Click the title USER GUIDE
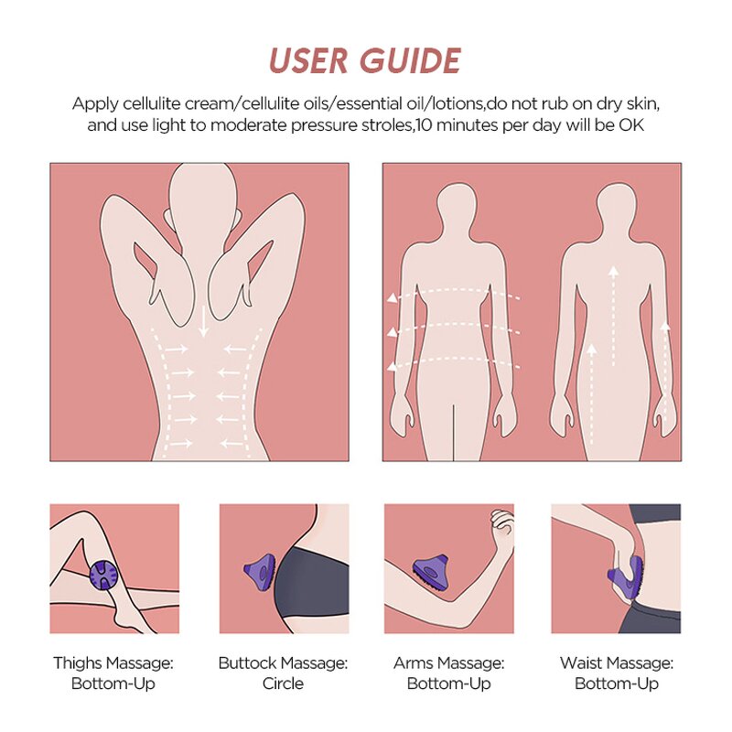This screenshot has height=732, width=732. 365,60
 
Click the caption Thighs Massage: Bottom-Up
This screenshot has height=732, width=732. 113,673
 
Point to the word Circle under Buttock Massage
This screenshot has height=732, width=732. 283,684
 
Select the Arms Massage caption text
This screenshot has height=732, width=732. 448,673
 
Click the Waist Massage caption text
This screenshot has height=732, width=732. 616,673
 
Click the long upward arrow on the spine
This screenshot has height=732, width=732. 613,311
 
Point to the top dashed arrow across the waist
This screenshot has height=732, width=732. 453,296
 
